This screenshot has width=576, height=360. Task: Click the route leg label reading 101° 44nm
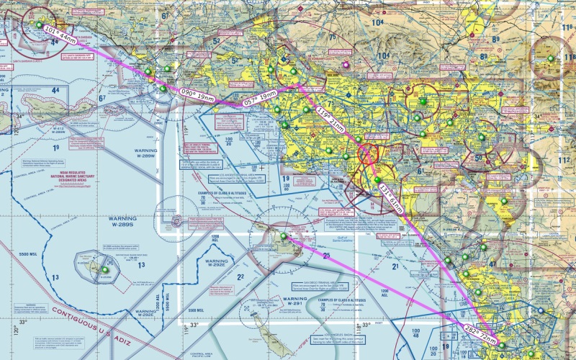tap(59, 34)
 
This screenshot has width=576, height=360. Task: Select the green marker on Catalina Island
tap(283, 236)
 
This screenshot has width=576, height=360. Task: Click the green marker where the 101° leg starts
tap(39, 24)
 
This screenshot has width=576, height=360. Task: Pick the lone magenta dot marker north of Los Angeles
tap(346, 64)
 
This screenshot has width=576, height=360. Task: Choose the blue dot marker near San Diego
tap(541, 311)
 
